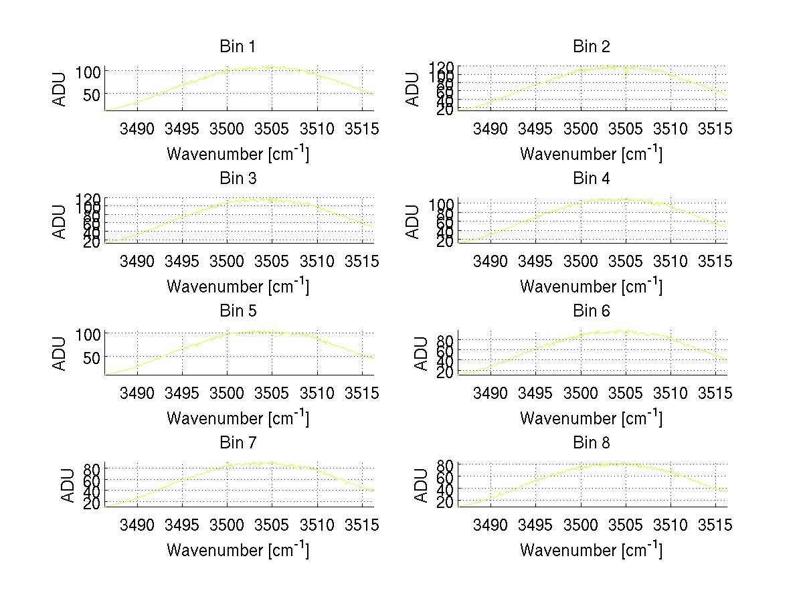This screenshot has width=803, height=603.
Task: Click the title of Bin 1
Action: pyautogui.click(x=238, y=47)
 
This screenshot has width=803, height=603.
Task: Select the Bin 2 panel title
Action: pyautogui.click(x=591, y=47)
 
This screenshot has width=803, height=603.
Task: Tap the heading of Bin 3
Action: pyautogui.click(x=238, y=179)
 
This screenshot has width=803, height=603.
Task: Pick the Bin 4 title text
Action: pyautogui.click(x=591, y=179)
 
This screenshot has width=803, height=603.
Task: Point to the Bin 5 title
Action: pyautogui.click(x=238, y=311)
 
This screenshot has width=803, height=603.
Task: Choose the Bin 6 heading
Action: pyautogui.click(x=591, y=311)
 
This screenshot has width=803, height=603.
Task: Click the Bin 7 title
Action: pyautogui.click(x=238, y=443)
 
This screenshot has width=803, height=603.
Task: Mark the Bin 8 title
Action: pyautogui.click(x=591, y=443)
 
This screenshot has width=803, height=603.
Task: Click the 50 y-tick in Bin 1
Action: pyautogui.click(x=91, y=95)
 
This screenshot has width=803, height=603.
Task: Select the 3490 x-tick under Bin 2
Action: pyautogui.click(x=490, y=129)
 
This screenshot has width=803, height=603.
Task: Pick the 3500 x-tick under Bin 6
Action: pyautogui.click(x=581, y=394)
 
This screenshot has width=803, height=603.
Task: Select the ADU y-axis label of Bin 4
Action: pyautogui.click(x=413, y=221)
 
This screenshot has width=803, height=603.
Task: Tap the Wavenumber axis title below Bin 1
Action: pyautogui.click(x=238, y=153)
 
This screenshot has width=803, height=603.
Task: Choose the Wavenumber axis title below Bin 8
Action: pyautogui.click(x=591, y=549)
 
